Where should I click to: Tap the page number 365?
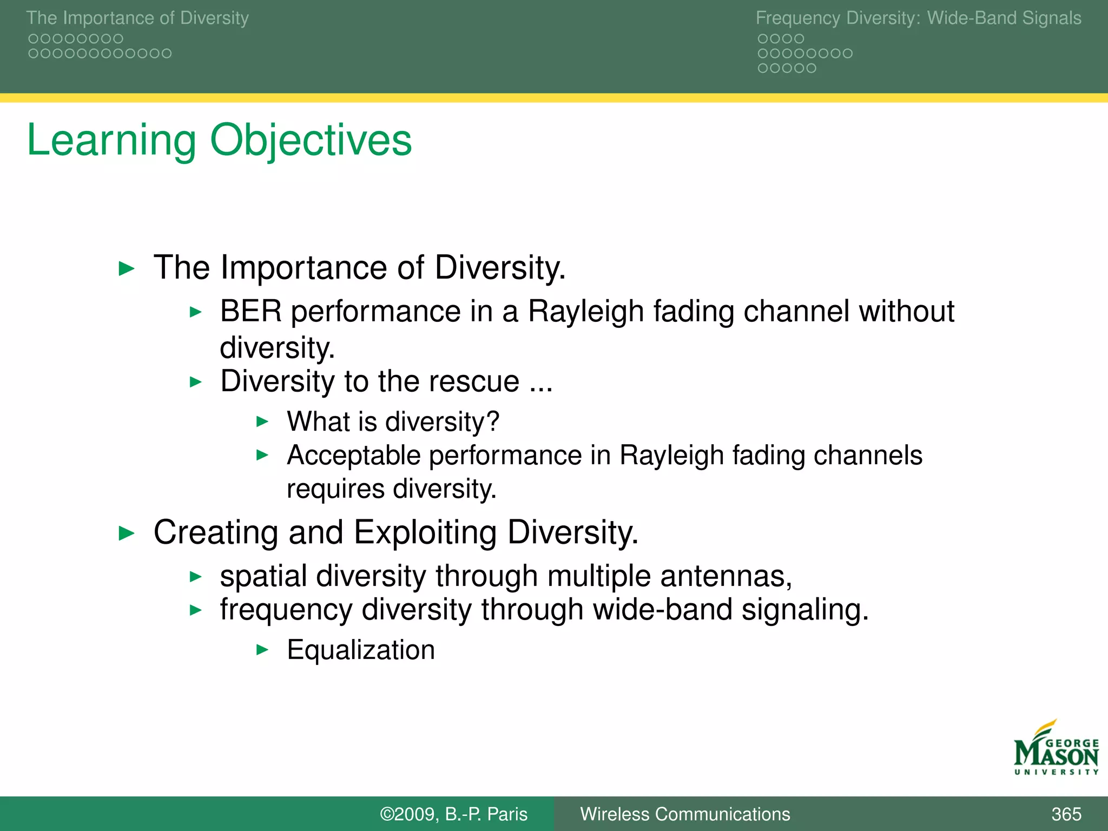[1066, 814]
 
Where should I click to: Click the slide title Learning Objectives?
[219, 140]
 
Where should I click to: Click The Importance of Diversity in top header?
[137, 18]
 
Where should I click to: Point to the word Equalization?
[361, 650]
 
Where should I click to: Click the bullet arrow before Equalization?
[262, 650]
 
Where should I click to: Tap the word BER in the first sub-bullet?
[250, 312]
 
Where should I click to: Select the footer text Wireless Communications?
[685, 814]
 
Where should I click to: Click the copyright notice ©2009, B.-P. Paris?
[453, 814]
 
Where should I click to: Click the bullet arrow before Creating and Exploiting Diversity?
[127, 533]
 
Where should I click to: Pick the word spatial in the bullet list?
[263, 576]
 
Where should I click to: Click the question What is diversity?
[393, 421]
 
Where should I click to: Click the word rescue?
[474, 382]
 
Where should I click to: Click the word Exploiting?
[425, 533]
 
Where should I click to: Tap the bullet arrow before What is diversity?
[262, 421]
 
